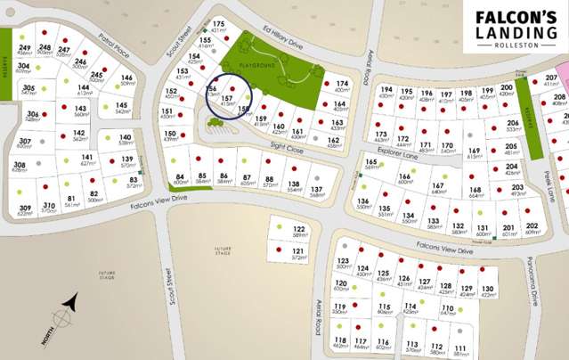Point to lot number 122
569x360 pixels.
299,229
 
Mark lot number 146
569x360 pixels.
127,78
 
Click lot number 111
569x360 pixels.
460,347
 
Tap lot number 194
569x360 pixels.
386,90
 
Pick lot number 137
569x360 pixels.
317,189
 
